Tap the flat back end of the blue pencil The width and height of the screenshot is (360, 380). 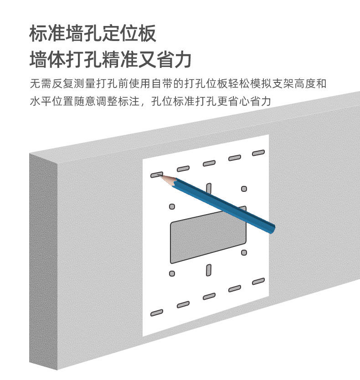click(272, 229)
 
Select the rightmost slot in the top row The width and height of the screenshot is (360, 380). click(258, 153)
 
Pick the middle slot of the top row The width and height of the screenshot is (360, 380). click(209, 163)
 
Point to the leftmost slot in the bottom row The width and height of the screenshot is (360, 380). click(157, 313)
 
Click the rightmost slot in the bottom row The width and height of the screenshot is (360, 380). click(258, 281)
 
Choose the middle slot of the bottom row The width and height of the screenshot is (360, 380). click(209, 297)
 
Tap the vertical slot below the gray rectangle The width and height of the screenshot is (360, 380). click(209, 269)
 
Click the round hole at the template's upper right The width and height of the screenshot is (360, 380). click(244, 189)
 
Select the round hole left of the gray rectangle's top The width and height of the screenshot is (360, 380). click(172, 206)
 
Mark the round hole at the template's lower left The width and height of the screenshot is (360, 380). click(172, 273)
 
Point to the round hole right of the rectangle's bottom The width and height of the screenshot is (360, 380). click(244, 252)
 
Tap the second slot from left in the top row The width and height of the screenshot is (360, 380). click(183, 169)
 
